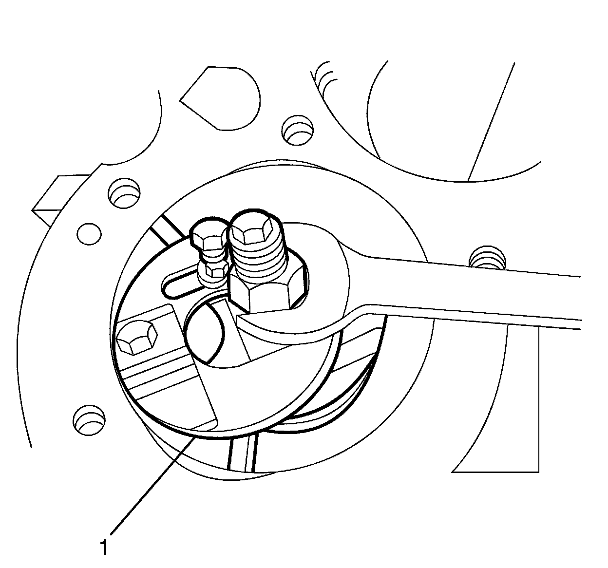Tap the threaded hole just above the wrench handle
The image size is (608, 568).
(x=485, y=258)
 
